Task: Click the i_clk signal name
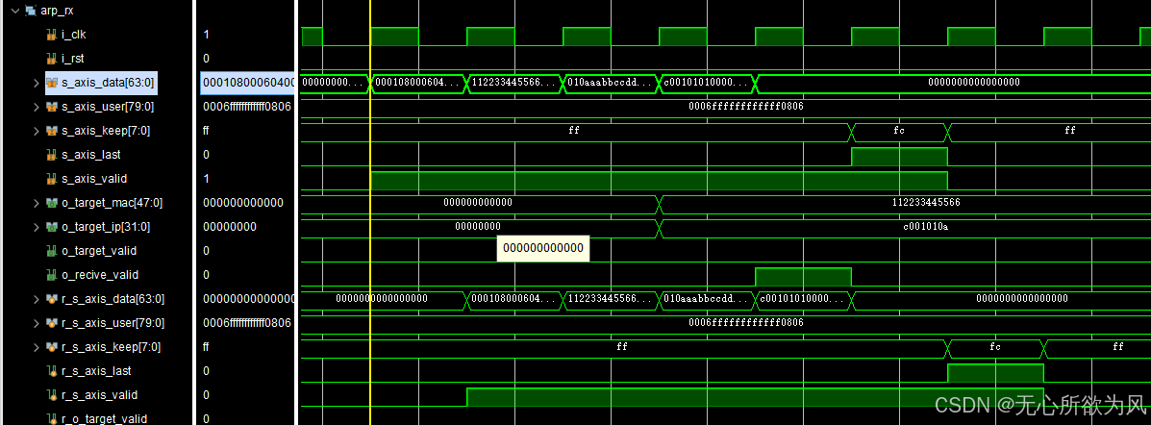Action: point(73,35)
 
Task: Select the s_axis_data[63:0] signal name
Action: point(108,83)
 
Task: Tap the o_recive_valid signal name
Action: point(99,275)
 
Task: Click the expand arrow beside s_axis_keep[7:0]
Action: point(37,131)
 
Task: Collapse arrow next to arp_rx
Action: point(14,11)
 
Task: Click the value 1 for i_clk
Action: point(206,35)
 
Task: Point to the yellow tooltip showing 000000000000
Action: point(542,248)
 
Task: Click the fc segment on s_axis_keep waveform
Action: point(899,130)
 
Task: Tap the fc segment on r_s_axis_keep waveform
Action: point(995,346)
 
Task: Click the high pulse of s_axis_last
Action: point(899,156)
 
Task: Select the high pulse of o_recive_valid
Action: point(803,276)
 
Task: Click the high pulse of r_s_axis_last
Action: point(995,372)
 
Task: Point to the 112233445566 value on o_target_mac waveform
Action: point(926,202)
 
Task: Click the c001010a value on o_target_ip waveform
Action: point(926,226)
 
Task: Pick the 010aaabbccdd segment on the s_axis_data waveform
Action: point(611,82)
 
